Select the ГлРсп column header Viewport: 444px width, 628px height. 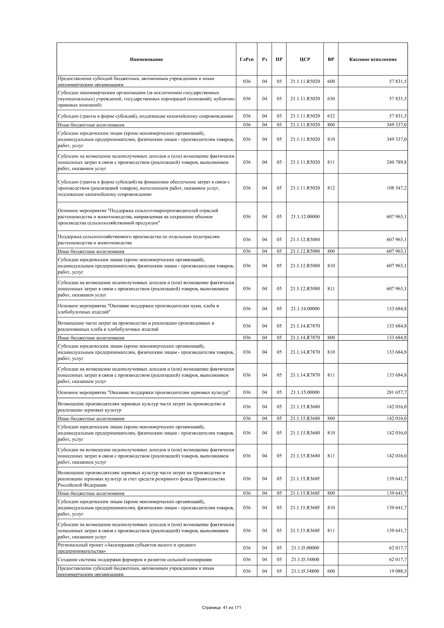coord(247,59)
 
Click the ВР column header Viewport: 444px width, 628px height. coord(331,59)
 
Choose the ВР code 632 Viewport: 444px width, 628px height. coord(331,116)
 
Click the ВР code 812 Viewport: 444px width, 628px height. coord(331,188)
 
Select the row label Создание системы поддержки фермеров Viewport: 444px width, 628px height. coord(135,560)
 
